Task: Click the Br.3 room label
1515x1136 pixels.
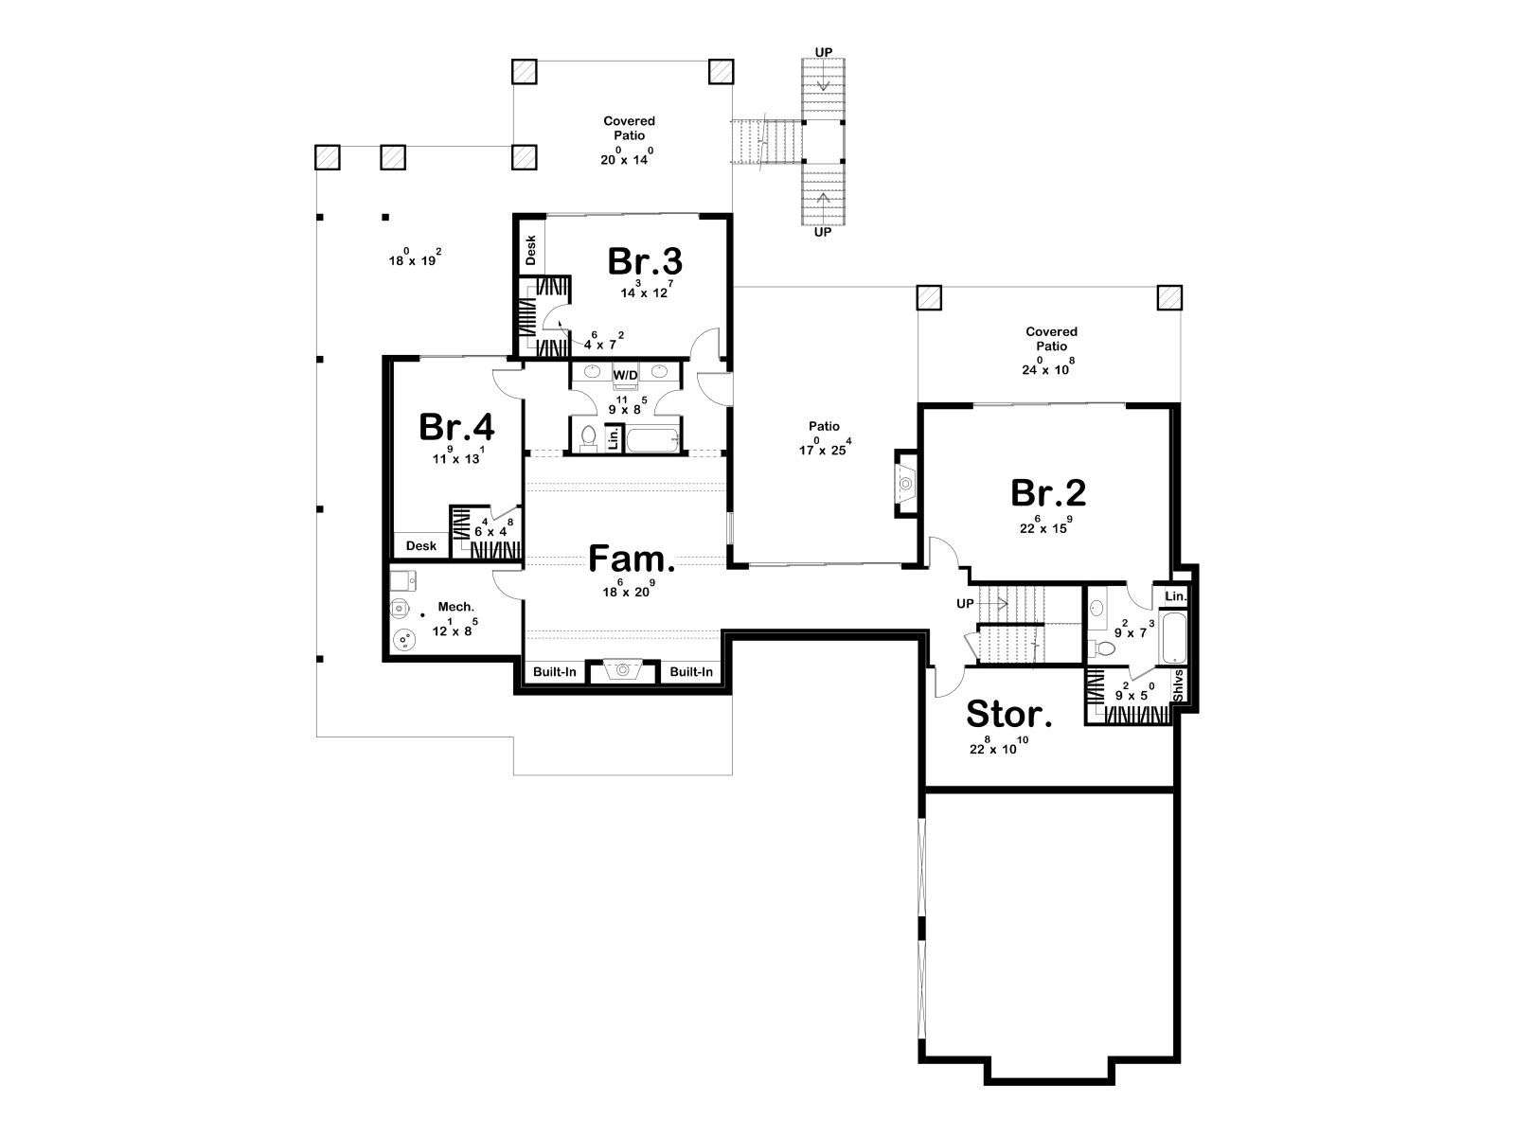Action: pos(645,261)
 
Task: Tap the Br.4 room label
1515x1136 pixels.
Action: pos(456,427)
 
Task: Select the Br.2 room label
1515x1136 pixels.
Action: pos(1048,492)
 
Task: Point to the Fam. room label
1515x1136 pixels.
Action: pos(632,559)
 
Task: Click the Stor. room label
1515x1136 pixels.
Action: pos(1009,714)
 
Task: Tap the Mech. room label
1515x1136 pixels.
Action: pos(455,607)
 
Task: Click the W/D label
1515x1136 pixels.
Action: pos(625,375)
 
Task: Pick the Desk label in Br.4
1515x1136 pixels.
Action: pos(421,545)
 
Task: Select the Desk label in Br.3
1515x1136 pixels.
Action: pos(531,250)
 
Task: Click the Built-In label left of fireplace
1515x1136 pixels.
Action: pos(554,671)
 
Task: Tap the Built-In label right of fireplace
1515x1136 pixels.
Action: pos(691,671)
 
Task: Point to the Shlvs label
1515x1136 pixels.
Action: pos(1178,684)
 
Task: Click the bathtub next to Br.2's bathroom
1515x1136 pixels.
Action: pos(1172,639)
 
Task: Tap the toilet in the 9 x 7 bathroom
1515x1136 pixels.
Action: pos(1102,648)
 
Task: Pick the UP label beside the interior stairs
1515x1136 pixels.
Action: pos(965,604)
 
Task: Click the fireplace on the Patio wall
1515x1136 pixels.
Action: pos(905,484)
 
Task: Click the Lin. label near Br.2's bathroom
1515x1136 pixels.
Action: pos(1175,596)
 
